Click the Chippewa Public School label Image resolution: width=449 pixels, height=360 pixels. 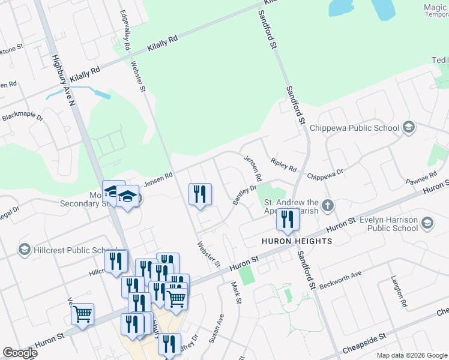tap(354, 127)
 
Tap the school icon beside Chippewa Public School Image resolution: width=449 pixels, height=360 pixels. tap(409, 127)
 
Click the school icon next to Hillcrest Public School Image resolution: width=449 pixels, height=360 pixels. tap(25, 249)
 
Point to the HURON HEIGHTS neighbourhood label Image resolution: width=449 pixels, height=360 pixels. tap(296, 241)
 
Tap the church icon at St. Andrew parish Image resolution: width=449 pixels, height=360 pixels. tap(327, 206)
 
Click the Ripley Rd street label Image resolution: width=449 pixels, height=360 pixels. tap(283, 165)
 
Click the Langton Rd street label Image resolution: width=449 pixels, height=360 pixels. tap(399, 292)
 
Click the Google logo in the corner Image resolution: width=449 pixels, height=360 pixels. tap(20, 353)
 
